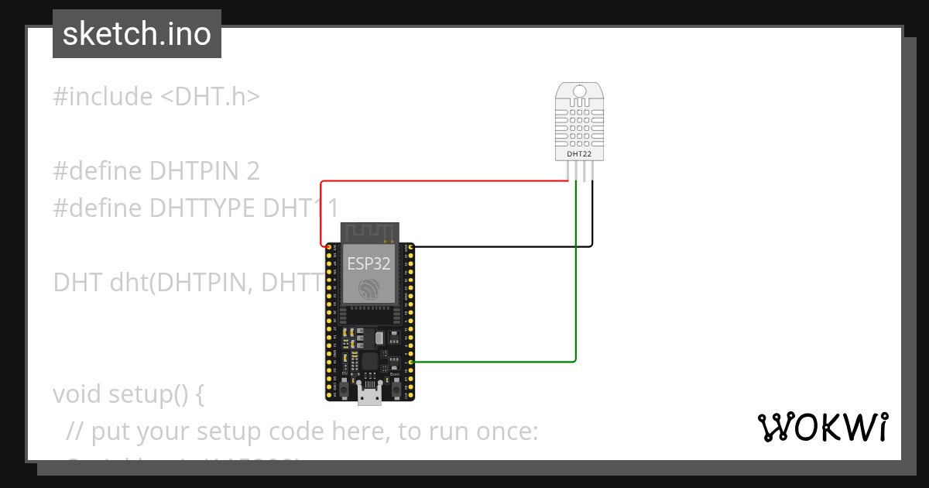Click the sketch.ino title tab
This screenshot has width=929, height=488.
tap(136, 34)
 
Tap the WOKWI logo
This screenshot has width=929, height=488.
tap(821, 428)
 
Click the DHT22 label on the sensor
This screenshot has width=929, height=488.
tap(579, 154)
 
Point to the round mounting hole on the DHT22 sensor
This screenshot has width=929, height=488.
tap(579, 92)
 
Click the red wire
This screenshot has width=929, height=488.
tap(441, 181)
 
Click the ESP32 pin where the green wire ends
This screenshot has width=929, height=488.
tap(410, 362)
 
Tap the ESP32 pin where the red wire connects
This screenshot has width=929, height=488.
tap(330, 246)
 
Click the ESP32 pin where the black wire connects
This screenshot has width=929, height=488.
tap(410, 246)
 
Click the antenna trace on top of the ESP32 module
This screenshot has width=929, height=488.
tap(370, 231)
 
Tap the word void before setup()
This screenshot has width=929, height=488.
tap(77, 394)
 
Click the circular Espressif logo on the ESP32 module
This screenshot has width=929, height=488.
tap(369, 289)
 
